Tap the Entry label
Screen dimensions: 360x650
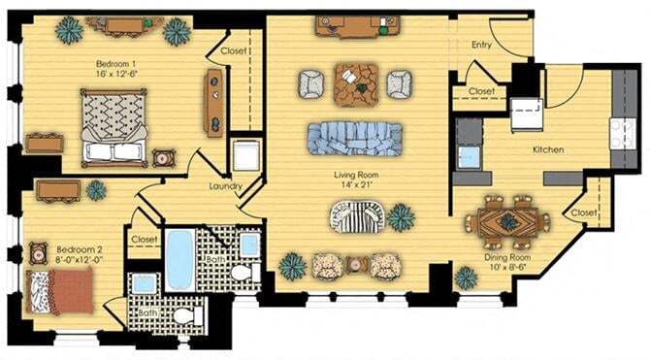click(x=482, y=45)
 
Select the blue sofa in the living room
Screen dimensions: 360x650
click(x=354, y=138)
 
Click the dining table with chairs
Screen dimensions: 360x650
click(x=507, y=221)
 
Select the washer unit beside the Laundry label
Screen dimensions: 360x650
click(x=244, y=157)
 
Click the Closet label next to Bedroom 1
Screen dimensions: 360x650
click(x=233, y=49)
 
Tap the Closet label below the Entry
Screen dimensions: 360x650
click(x=481, y=91)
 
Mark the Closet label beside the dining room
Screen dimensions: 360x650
click(x=583, y=213)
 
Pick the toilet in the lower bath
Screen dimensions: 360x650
click(x=182, y=314)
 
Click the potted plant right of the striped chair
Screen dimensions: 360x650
click(x=401, y=217)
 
